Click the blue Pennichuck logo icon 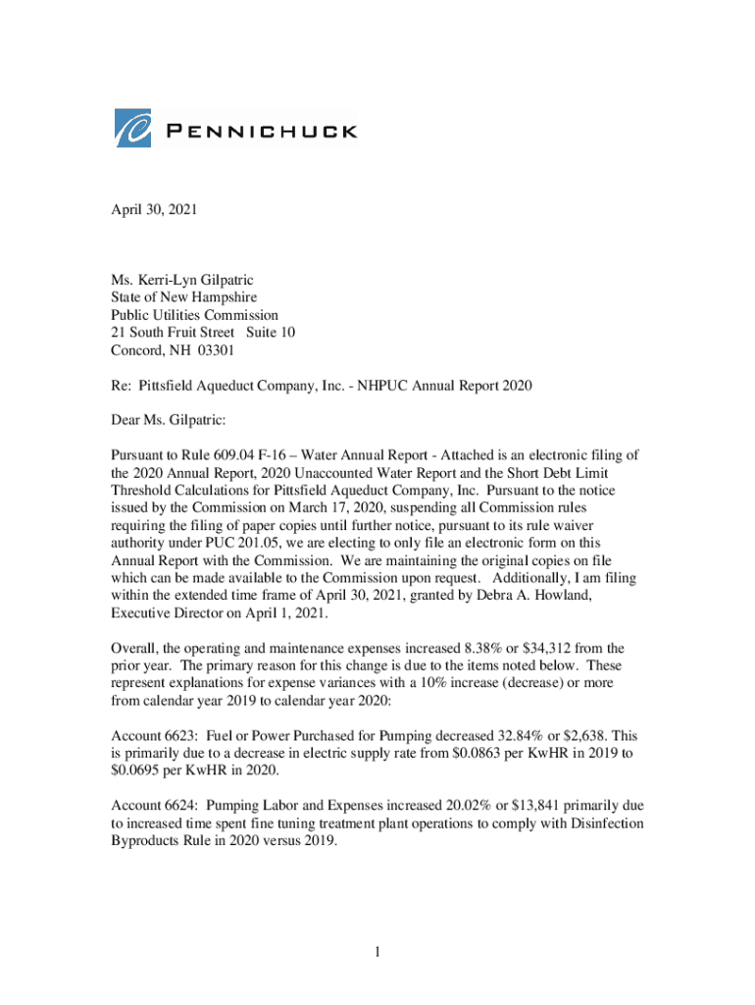coord(133,129)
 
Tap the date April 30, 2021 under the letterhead coord(154,210)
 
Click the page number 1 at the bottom coord(377,952)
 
